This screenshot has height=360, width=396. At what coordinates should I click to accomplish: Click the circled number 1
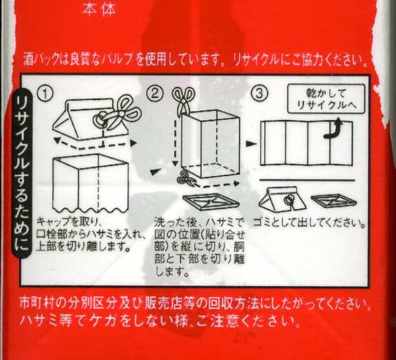45,93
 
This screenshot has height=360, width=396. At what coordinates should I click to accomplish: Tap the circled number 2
154,93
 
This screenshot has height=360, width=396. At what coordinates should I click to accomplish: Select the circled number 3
259,93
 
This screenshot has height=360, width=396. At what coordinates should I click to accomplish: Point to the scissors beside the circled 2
183,99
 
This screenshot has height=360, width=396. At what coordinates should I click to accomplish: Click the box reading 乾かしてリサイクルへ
326,99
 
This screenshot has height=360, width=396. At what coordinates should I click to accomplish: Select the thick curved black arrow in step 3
333,130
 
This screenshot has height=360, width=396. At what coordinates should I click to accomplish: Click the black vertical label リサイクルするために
22,173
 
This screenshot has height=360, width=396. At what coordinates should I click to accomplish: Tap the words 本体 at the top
100,10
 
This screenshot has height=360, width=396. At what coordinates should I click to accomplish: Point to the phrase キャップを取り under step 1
67,222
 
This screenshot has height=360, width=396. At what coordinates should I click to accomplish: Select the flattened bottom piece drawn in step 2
211,202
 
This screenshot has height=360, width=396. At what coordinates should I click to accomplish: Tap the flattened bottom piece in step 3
334,201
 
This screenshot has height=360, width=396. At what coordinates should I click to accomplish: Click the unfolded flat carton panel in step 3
306,143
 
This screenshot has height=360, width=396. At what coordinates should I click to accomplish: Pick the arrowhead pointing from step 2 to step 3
251,144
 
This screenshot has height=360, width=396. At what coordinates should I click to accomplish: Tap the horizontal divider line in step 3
307,180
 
